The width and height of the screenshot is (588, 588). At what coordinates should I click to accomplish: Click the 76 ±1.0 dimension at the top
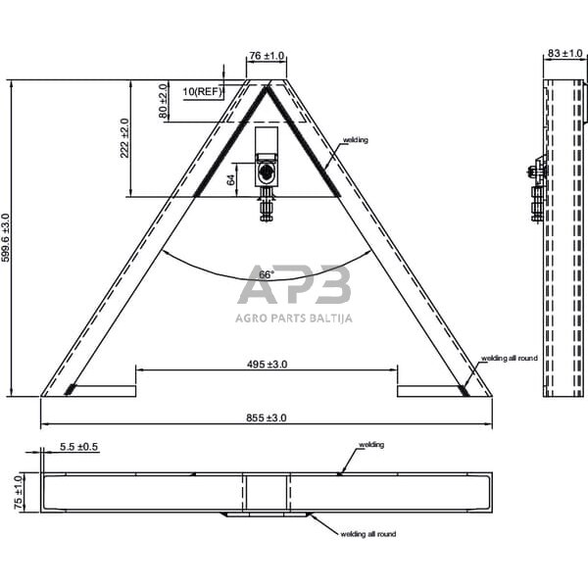pos(266,57)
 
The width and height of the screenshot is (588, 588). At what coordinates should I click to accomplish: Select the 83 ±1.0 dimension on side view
pos(565,53)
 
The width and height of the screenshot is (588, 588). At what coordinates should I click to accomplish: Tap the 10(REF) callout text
pos(203,91)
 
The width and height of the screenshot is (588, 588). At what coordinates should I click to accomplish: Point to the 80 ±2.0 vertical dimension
pos(164,101)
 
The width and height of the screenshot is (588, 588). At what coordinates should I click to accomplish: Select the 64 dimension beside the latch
pos(231,179)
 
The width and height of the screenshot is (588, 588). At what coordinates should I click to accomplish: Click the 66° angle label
pos(266,275)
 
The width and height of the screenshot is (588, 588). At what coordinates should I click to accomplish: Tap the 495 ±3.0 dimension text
pos(266,364)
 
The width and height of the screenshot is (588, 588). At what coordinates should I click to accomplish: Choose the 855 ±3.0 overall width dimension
pos(266,417)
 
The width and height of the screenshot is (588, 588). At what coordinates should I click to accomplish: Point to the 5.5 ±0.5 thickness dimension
pos(79,447)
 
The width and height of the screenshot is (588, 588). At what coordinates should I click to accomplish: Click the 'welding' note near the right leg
pos(355,141)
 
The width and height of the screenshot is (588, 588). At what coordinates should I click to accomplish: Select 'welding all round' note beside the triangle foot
pos(509,360)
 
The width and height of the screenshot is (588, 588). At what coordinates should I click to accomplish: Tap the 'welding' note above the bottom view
pos(370,445)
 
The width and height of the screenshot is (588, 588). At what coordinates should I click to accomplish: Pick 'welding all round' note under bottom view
pos(367,534)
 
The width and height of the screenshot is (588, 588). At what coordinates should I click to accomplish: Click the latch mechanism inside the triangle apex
pos(267,167)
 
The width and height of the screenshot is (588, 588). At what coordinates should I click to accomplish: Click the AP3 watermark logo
pos(294,286)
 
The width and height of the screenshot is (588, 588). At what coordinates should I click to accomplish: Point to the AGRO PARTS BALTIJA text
pos(294,318)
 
